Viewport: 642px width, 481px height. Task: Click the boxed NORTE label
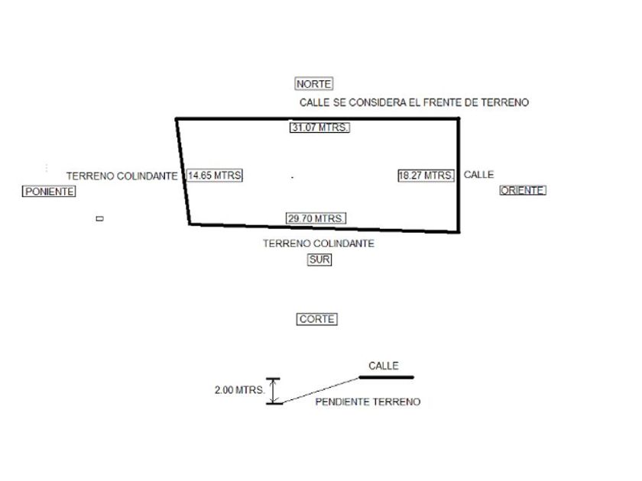pos(313,84)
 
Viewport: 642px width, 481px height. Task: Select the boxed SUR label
pos(319,260)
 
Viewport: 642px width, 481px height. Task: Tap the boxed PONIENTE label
pos(49,192)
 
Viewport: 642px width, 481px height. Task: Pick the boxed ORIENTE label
pos(523,190)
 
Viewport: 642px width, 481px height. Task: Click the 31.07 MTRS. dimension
pos(319,128)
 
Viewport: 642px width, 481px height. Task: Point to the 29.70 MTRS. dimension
pos(316,218)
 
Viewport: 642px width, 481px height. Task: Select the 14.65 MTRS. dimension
pos(215,176)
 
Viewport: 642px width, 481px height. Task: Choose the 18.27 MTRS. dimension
pos(426,176)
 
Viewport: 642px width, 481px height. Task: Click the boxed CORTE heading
pos(317,319)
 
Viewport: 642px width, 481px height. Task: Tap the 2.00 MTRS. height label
pos(239,390)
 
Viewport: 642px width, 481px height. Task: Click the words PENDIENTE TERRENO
pos(368,402)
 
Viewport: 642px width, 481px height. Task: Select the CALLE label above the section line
pos(384,366)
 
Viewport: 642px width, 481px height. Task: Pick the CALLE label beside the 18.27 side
pos(478,175)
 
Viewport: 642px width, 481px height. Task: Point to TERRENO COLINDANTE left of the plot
pos(122,176)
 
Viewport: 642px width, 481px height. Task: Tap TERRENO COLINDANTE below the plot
pos(319,244)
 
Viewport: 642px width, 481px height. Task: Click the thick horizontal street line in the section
pos(386,377)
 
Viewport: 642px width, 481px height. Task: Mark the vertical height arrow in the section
pos(274,391)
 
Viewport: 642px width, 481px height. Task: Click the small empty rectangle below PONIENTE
pos(99,219)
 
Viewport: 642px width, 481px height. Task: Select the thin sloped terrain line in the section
pos(320,391)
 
